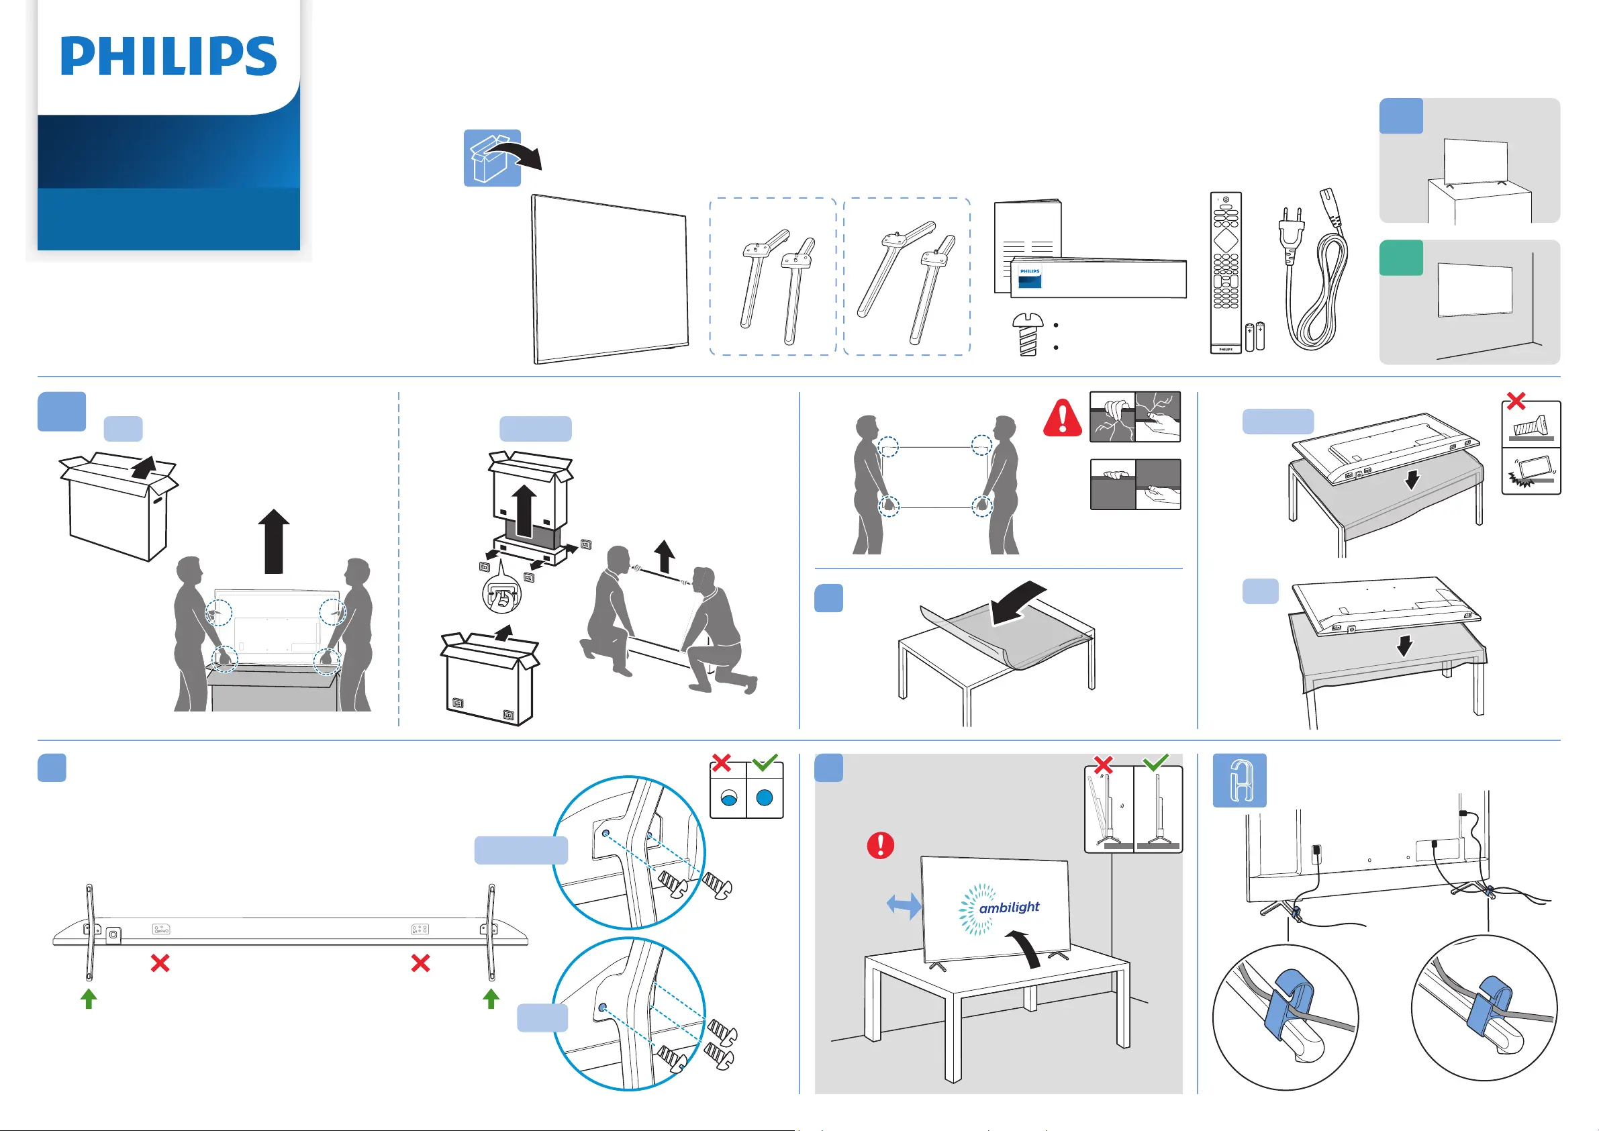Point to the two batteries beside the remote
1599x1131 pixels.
click(x=1255, y=336)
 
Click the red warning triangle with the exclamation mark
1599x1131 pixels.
click(x=1062, y=418)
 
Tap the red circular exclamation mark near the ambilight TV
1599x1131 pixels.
click(x=880, y=846)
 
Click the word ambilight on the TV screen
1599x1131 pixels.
click(x=1009, y=907)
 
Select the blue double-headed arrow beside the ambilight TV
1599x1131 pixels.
click(x=904, y=906)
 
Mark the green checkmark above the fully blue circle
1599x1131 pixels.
click(x=765, y=763)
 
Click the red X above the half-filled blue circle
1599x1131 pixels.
click(x=722, y=763)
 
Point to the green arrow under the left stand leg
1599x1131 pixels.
click(x=89, y=998)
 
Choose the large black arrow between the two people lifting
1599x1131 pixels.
click(x=274, y=541)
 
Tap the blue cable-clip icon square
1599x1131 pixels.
click(x=1240, y=781)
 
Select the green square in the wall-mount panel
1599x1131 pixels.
click(x=1400, y=258)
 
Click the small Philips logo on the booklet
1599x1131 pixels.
click(x=1030, y=277)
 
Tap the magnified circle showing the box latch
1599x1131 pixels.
click(x=501, y=594)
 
